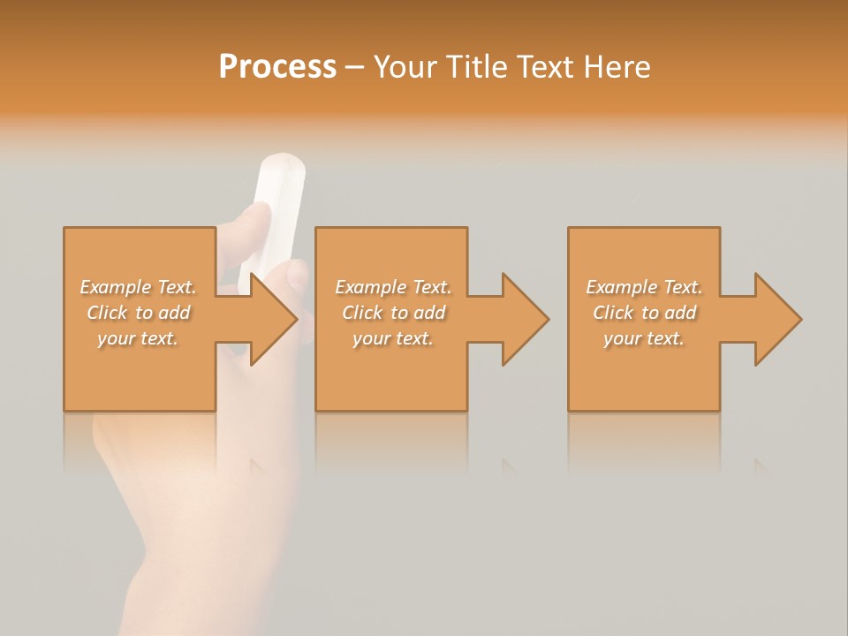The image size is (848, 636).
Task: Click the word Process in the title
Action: [x=277, y=67]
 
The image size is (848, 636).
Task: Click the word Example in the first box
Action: [x=115, y=287]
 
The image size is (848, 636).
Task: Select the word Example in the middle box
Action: [x=370, y=287]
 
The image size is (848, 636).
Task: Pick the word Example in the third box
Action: [x=621, y=287]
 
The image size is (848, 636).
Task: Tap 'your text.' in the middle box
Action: [x=392, y=338]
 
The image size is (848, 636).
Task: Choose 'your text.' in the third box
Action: [x=643, y=338]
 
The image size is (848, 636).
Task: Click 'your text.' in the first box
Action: [x=137, y=338]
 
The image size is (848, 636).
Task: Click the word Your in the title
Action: [x=404, y=67]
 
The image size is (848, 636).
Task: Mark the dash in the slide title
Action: [x=354, y=67]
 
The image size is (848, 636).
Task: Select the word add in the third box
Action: [x=680, y=313]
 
